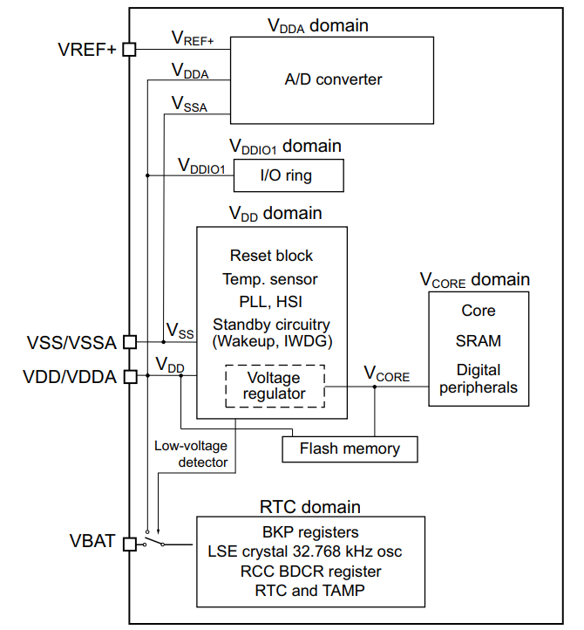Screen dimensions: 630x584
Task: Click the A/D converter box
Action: click(333, 79)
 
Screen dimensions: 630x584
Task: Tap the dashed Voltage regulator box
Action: click(275, 386)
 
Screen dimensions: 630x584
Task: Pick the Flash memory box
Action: click(350, 449)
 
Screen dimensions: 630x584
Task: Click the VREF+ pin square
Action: click(130, 50)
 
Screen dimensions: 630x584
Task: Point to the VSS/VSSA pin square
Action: click(130, 342)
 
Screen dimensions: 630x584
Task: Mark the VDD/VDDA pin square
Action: click(130, 377)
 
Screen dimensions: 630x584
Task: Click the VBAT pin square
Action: click(130, 544)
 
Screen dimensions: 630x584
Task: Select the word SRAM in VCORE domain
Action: click(478, 341)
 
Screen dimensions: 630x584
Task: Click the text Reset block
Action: click(271, 256)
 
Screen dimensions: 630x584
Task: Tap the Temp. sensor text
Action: click(271, 279)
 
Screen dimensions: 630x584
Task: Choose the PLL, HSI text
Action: click(271, 302)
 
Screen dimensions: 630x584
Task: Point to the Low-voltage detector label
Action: click(191, 454)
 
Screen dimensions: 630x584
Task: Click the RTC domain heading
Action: click(309, 507)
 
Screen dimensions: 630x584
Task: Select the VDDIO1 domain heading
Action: click(285, 146)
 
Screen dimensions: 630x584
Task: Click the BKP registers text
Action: click(310, 531)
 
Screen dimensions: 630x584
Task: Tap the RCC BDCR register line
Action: click(310, 572)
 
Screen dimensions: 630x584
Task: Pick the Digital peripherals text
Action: click(478, 379)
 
